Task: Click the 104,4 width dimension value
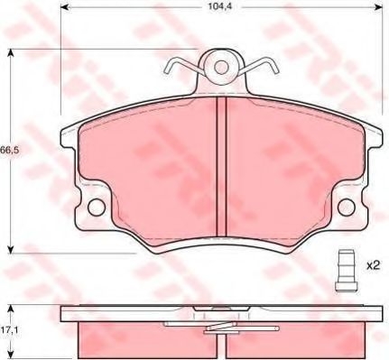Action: [221, 6]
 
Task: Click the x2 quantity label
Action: [374, 265]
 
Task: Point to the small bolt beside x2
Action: [346, 271]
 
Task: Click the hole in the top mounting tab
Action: [221, 68]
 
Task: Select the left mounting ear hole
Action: [97, 208]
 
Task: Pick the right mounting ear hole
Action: [347, 208]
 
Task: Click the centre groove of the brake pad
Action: [221, 166]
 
